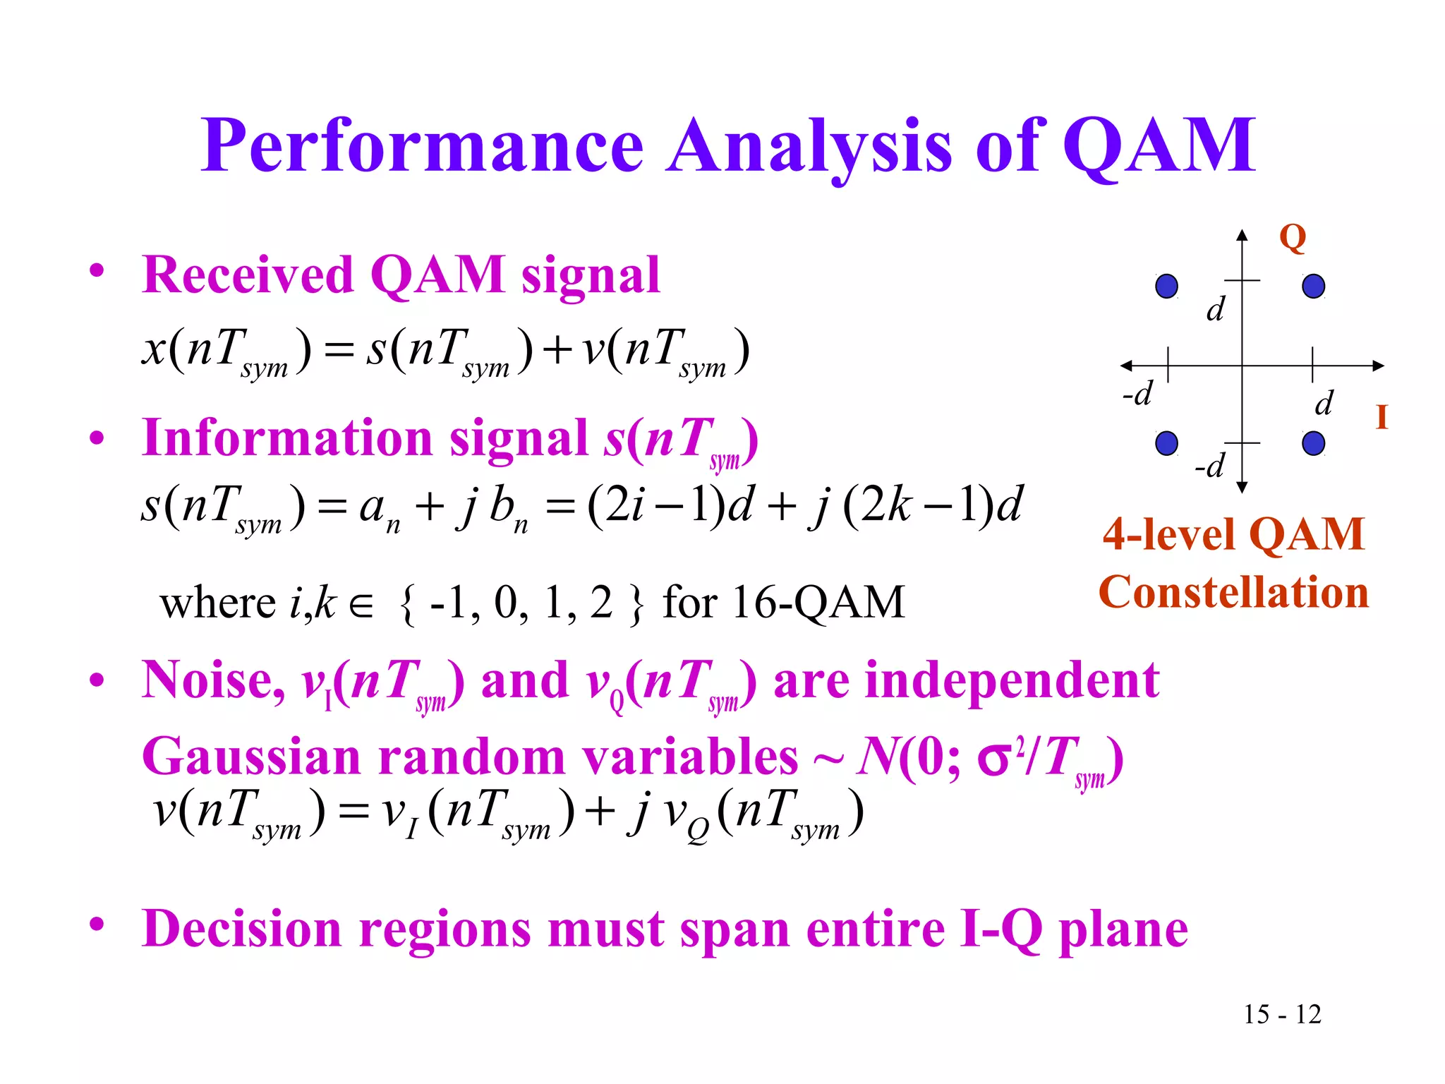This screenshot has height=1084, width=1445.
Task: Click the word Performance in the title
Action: (x=422, y=146)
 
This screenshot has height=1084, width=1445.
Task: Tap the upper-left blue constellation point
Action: (x=1166, y=286)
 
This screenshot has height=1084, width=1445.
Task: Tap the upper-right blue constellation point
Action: (x=1313, y=286)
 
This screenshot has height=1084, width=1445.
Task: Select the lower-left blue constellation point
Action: (x=1166, y=443)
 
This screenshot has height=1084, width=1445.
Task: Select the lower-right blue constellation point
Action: (x=1313, y=443)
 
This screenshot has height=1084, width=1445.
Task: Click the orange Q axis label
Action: (x=1293, y=238)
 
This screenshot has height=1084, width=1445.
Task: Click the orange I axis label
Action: (x=1381, y=417)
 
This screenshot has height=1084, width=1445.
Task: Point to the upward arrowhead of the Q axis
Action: (x=1243, y=235)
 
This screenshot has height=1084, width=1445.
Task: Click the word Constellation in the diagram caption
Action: (x=1233, y=591)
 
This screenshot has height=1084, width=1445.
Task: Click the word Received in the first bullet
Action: (x=247, y=275)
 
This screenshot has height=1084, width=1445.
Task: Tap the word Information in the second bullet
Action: (x=287, y=438)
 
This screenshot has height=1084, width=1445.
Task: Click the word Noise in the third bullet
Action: (x=211, y=680)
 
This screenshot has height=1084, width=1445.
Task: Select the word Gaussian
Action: (x=252, y=757)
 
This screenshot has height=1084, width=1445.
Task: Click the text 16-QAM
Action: (x=818, y=602)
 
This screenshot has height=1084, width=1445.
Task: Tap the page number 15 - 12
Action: (x=1282, y=1014)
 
